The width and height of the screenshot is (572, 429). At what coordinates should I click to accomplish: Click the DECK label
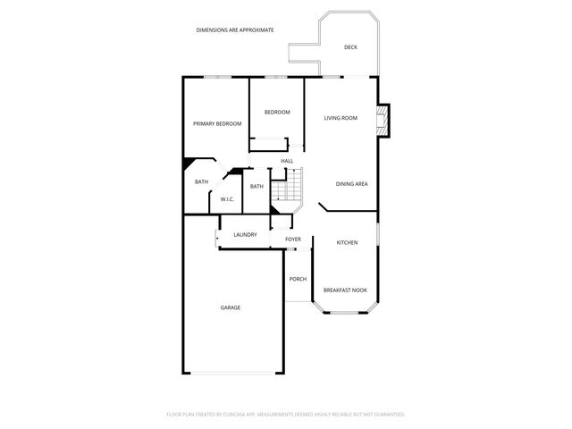(x=350, y=47)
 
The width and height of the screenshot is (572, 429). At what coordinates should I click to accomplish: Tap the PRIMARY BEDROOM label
(x=217, y=123)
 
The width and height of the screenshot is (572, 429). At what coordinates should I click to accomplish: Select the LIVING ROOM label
(x=341, y=118)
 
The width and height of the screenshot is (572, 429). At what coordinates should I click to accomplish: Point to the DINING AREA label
(x=351, y=184)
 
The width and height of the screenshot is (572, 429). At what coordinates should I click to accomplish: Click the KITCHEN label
(x=347, y=243)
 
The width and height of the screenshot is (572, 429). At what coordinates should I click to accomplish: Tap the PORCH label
(x=298, y=279)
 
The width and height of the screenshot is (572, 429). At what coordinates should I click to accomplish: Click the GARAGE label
(x=231, y=307)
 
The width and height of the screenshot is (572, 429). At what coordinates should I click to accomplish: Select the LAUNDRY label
(x=245, y=235)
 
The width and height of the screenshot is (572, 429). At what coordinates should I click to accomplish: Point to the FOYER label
(x=293, y=240)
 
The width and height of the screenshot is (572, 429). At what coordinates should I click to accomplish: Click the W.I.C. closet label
(x=227, y=199)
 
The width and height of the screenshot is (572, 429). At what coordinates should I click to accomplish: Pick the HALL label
(x=287, y=161)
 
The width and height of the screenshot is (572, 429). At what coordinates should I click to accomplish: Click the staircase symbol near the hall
(x=285, y=189)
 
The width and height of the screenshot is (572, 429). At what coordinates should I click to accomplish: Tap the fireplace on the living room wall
(x=383, y=121)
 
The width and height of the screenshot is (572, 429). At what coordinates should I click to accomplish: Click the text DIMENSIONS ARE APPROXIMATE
(x=235, y=30)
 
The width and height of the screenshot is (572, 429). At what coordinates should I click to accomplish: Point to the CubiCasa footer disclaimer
(x=286, y=415)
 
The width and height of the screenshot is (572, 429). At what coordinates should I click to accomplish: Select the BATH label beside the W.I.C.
(x=202, y=182)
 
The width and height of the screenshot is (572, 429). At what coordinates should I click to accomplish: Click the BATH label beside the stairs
(x=257, y=186)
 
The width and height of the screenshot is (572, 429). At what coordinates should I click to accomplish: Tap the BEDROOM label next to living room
(x=277, y=112)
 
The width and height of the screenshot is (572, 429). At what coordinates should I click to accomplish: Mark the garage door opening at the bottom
(x=234, y=373)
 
